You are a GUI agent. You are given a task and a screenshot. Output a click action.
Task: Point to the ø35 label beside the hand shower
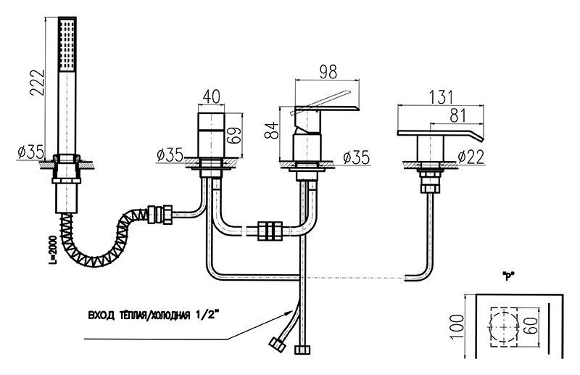point(30,153)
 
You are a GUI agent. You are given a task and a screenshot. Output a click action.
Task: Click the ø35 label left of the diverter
point(170,154)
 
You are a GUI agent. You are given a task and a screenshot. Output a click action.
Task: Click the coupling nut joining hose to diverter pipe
point(158,215)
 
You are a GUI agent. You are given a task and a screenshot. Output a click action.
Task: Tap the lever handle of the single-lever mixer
point(326,109)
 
